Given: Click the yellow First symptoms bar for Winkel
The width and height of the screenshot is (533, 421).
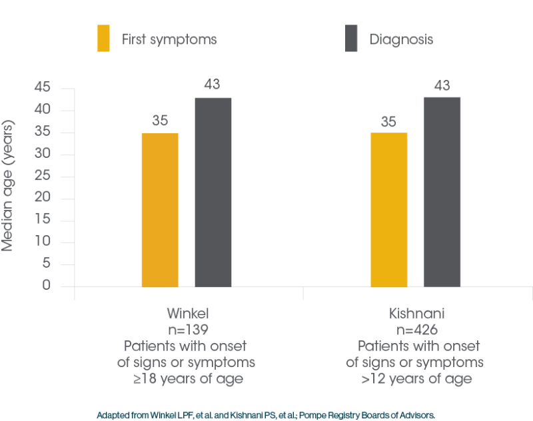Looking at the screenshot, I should click(160, 209).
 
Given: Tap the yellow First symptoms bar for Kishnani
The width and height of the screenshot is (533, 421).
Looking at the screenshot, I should click(388, 209).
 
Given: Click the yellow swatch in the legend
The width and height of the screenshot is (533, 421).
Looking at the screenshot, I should click(104, 39).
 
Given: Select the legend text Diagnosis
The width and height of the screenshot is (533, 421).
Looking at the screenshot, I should click(401, 39).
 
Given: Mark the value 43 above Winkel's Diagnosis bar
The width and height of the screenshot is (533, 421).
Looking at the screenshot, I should click(213, 85).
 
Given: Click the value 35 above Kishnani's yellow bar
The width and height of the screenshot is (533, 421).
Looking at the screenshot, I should click(388, 121).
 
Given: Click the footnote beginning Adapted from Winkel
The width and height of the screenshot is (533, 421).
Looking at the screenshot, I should click(266, 414).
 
